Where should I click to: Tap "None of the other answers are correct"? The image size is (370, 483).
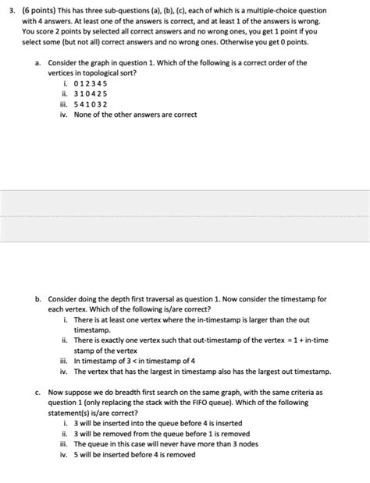[135, 115]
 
